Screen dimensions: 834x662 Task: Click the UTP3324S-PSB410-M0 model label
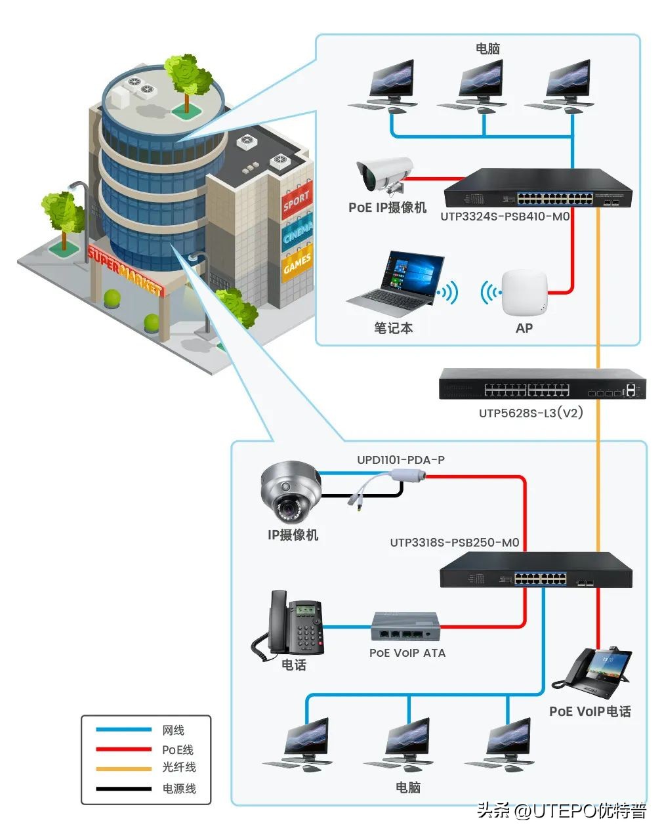(505, 216)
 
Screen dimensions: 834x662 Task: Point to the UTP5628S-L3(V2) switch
(542, 384)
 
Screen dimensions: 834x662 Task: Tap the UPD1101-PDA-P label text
(400, 460)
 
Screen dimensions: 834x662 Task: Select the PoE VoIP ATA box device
(405, 627)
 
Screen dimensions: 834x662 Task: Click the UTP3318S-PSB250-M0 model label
(455, 543)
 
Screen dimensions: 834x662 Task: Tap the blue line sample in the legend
(123, 730)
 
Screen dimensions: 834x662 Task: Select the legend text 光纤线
(179, 767)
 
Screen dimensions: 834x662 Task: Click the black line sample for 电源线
(123, 788)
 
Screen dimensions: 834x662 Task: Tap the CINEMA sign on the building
(297, 232)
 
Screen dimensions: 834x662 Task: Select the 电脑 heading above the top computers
(487, 49)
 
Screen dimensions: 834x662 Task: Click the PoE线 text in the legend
(178, 749)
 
